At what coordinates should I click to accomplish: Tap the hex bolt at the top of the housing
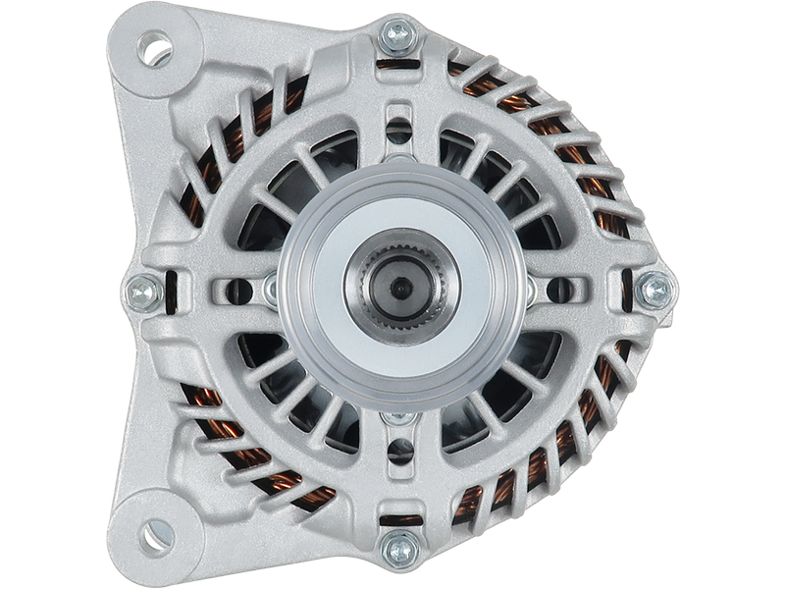[399, 34]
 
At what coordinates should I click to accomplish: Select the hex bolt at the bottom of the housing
[399, 546]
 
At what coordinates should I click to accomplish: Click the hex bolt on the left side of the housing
[144, 291]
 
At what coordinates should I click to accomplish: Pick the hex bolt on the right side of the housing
[653, 290]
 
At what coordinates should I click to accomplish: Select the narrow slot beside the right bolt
[621, 290]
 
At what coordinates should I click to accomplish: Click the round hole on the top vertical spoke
[399, 129]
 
